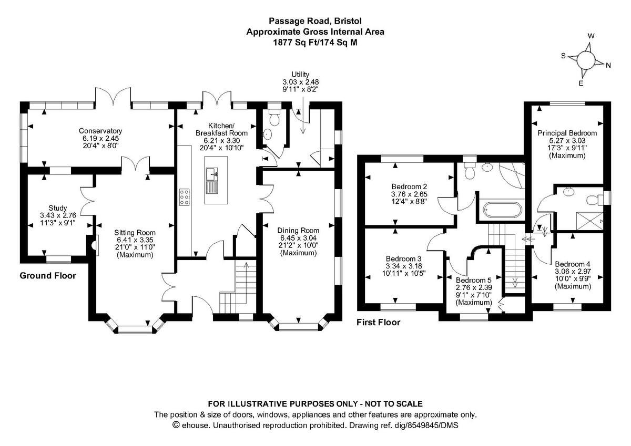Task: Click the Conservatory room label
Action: [x=100, y=131]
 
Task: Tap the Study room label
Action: [x=58, y=208]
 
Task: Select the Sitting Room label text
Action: [x=136, y=232]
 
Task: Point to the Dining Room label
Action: [x=299, y=230]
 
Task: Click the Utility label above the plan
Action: [x=300, y=75]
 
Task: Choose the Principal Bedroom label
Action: [x=567, y=133]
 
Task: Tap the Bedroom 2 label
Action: [x=409, y=186]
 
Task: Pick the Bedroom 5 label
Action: [x=473, y=281]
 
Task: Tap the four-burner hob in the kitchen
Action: [x=185, y=197]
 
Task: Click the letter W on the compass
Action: [x=591, y=36]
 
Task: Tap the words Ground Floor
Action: [x=48, y=275]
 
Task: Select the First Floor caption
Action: [x=378, y=322]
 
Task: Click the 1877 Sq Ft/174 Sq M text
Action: [x=315, y=42]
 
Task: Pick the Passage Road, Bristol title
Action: [x=315, y=22]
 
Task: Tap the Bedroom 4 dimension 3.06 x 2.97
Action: [x=573, y=272]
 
